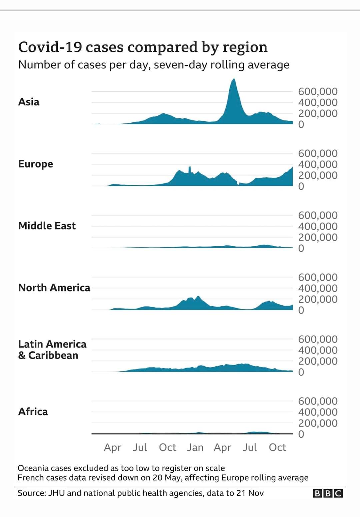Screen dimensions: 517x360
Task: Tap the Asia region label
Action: pos(29,102)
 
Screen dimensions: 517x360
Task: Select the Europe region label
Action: pos(35,164)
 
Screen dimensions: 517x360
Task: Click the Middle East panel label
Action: pos(47,226)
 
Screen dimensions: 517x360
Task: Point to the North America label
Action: pos(54,288)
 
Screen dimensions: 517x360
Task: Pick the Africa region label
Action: pos(33,412)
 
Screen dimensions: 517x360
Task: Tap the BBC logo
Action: pos(328,493)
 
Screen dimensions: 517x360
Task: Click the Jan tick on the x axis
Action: pos(195,447)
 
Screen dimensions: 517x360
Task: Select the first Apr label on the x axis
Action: pos(112,447)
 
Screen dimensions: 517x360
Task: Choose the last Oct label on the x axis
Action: pos(277,447)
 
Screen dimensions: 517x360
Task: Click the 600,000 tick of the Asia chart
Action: pos(318,91)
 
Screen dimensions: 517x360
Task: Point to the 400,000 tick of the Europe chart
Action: pos(318,164)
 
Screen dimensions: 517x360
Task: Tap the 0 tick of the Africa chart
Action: pos(301,434)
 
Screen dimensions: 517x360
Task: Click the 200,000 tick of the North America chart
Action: pos(318,299)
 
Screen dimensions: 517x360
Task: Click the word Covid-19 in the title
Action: pos(50,47)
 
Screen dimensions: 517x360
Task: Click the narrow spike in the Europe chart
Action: pos(190,168)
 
